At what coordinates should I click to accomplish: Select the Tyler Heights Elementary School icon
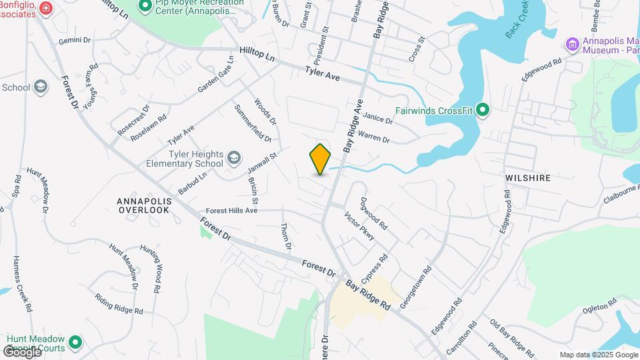click(233, 158)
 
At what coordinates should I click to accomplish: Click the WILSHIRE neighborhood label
click(528, 179)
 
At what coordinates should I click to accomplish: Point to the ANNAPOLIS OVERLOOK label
click(144, 205)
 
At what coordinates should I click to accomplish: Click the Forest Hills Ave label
click(232, 211)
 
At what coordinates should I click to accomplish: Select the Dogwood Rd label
click(373, 213)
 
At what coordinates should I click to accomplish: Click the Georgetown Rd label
click(416, 287)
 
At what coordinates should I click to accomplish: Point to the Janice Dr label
click(378, 118)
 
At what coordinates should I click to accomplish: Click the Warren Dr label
click(373, 137)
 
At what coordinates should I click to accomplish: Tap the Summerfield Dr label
click(253, 123)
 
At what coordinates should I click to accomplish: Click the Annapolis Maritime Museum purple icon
click(572, 45)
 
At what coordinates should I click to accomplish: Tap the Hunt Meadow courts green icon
click(76, 343)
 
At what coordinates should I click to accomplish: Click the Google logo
click(22, 351)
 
